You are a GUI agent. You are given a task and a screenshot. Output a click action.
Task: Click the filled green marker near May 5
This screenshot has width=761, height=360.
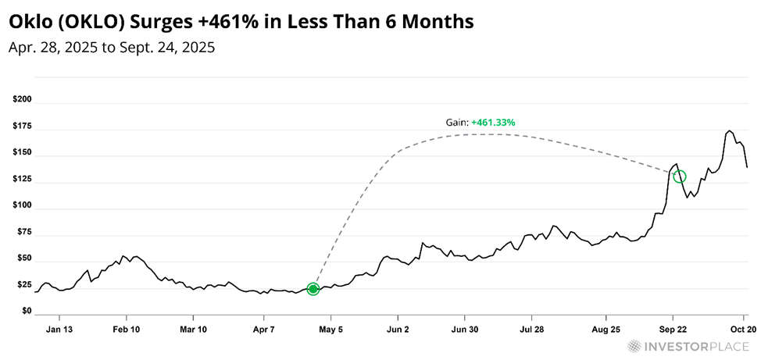pyautogui.click(x=313, y=289)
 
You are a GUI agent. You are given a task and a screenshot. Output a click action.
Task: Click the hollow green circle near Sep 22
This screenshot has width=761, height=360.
pyautogui.click(x=680, y=176)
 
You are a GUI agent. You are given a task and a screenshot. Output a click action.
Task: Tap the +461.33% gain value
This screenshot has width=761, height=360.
pyautogui.click(x=493, y=123)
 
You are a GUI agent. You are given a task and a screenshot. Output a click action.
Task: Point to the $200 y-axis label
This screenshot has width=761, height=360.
pyautogui.click(x=22, y=102)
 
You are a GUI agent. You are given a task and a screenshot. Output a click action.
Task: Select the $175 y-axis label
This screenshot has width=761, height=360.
pyautogui.click(x=22, y=129)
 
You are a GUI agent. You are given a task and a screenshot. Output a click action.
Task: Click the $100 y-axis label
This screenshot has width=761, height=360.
pyautogui.click(x=22, y=205)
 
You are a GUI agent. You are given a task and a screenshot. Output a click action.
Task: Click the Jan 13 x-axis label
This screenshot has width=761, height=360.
pyautogui.click(x=59, y=330)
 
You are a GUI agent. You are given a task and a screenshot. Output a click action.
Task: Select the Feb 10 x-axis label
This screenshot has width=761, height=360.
pyautogui.click(x=127, y=330)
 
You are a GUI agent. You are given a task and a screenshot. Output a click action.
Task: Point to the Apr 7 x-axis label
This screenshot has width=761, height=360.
pyautogui.click(x=263, y=330)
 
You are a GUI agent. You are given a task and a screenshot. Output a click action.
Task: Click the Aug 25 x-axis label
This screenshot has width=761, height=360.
pyautogui.click(x=606, y=330)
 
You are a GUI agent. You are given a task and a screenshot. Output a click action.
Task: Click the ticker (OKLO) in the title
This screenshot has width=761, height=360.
pyautogui.click(x=87, y=23)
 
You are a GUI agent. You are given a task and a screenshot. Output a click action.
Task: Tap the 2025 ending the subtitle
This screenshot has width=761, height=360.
pyautogui.click(x=198, y=48)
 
